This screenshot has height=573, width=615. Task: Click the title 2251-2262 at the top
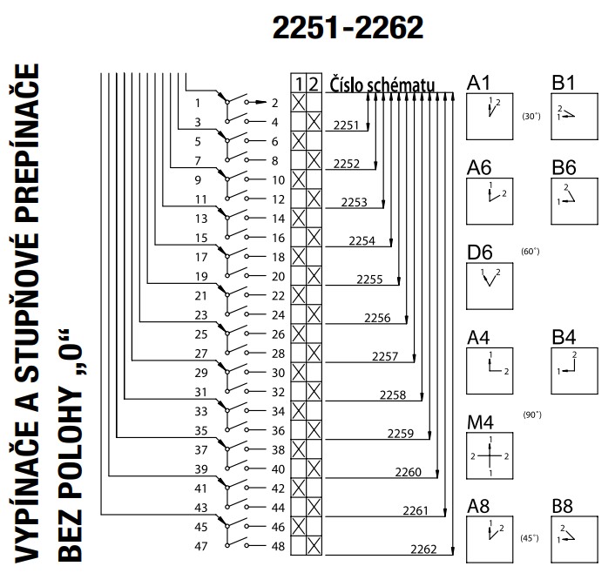pos(348,29)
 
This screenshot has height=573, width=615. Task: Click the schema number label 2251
pos(346,126)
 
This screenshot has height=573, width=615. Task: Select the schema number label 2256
pos(377,318)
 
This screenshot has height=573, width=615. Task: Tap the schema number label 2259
pos(401,433)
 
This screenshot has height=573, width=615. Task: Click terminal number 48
pos(276,547)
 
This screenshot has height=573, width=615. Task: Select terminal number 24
pos(276,315)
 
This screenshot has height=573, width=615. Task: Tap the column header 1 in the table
pos(300,84)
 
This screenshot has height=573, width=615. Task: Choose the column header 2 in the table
pos(315,84)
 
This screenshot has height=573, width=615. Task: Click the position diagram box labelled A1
pos(490,116)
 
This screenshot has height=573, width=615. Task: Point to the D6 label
pos(480,253)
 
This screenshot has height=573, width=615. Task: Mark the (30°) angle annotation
pos(531,116)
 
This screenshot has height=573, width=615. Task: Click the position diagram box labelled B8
pos(573,540)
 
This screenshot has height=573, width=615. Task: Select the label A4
pos(479,336)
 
